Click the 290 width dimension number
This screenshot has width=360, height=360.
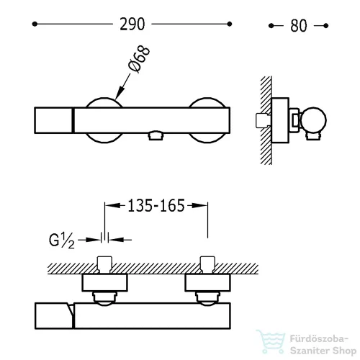click(132, 24)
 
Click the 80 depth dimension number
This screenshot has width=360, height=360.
click(299, 26)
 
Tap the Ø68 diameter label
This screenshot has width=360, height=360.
click(140, 59)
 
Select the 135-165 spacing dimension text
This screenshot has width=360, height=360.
click(156, 206)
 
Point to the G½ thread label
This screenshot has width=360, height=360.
click(62, 240)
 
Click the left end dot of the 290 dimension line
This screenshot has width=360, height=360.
click(35, 24)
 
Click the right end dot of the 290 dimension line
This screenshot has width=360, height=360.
click(230, 24)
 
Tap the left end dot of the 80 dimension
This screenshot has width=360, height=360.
click(271, 26)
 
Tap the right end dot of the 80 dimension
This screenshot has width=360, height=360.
click(325, 26)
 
